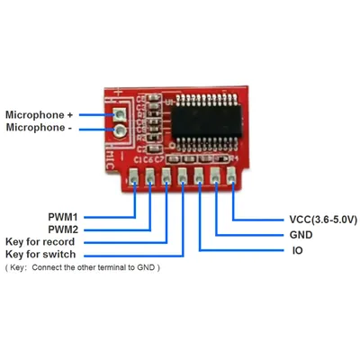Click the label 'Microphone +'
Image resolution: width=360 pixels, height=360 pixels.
pyautogui.click(x=40, y=115)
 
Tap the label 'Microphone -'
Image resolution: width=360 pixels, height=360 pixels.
pyautogui.click(x=39, y=128)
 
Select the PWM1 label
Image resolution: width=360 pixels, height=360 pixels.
pyautogui.click(x=63, y=217)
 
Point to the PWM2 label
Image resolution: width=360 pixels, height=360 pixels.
pyautogui.click(x=63, y=229)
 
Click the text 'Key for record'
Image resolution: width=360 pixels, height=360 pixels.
pyautogui.click(x=40, y=242)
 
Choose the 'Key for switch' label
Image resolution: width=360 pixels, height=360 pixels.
pyautogui.click(x=40, y=255)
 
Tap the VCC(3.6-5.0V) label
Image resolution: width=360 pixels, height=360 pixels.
pyautogui.click(x=323, y=220)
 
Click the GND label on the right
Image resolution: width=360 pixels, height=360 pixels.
pyautogui.click(x=301, y=235)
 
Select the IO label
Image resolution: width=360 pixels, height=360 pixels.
pyautogui.click(x=297, y=250)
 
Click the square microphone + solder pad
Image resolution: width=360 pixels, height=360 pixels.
pyautogui.click(x=120, y=114)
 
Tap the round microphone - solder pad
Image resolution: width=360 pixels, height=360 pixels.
pyautogui.click(x=121, y=130)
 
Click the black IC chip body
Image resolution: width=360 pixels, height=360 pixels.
pyautogui.click(x=207, y=121)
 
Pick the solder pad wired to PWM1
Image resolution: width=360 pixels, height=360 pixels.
pyautogui.click(x=134, y=177)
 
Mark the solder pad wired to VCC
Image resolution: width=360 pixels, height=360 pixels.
pyautogui.click(x=231, y=175)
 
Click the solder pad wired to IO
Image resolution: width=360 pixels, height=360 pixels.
pyautogui.click(x=198, y=176)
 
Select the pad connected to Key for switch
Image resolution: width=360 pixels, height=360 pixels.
pyautogui.click(x=182, y=176)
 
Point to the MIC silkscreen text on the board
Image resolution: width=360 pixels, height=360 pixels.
pyautogui.click(x=110, y=160)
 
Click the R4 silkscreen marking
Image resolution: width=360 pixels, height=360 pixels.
pyautogui.click(x=233, y=158)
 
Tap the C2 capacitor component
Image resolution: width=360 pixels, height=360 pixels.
pyautogui.click(x=156, y=148)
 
